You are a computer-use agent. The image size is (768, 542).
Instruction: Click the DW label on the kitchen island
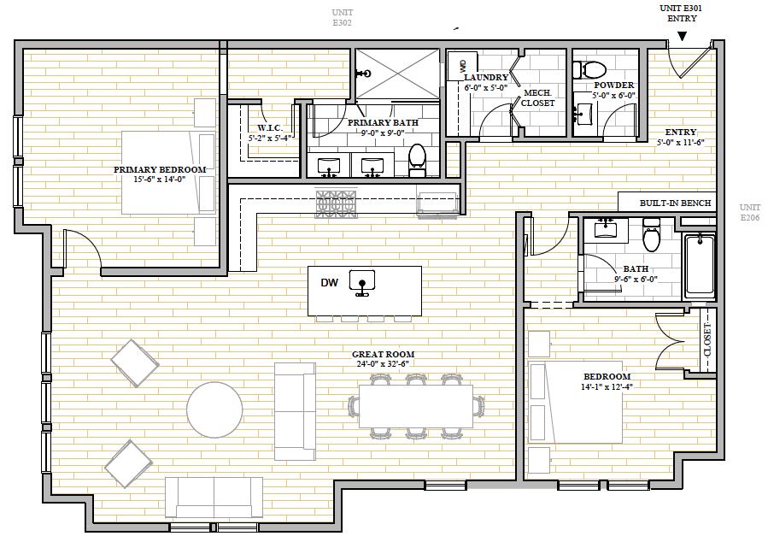click(x=329, y=283)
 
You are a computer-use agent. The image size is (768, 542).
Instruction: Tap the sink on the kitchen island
click(x=362, y=282)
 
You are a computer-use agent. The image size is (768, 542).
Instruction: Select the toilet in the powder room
click(x=589, y=69)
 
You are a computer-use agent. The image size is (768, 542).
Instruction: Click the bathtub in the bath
click(x=700, y=265)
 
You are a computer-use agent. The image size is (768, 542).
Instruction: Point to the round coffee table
click(x=214, y=409)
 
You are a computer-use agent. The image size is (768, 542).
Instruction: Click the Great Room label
click(x=383, y=354)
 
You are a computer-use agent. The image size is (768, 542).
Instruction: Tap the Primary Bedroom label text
click(x=160, y=169)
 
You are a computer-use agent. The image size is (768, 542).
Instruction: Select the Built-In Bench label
click(x=675, y=203)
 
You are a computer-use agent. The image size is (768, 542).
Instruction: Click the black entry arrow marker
click(x=682, y=36)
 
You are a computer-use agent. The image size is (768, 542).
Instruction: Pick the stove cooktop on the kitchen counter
click(x=336, y=203)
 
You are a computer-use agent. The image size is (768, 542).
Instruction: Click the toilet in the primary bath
click(x=417, y=159)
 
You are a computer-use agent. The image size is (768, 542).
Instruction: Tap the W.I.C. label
click(x=270, y=128)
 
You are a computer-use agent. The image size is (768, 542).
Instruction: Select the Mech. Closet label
click(x=538, y=98)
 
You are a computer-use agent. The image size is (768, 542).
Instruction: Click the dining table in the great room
click(x=416, y=406)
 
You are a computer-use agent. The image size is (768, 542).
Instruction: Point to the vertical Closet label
click(x=707, y=339)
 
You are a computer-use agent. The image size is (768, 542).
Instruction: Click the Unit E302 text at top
click(x=342, y=17)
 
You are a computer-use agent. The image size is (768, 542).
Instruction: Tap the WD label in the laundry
click(x=463, y=66)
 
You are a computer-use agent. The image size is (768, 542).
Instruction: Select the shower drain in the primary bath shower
click(x=364, y=74)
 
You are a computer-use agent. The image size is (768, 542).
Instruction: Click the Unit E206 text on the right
click(x=750, y=212)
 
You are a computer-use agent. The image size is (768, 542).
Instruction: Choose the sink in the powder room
click(x=583, y=113)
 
